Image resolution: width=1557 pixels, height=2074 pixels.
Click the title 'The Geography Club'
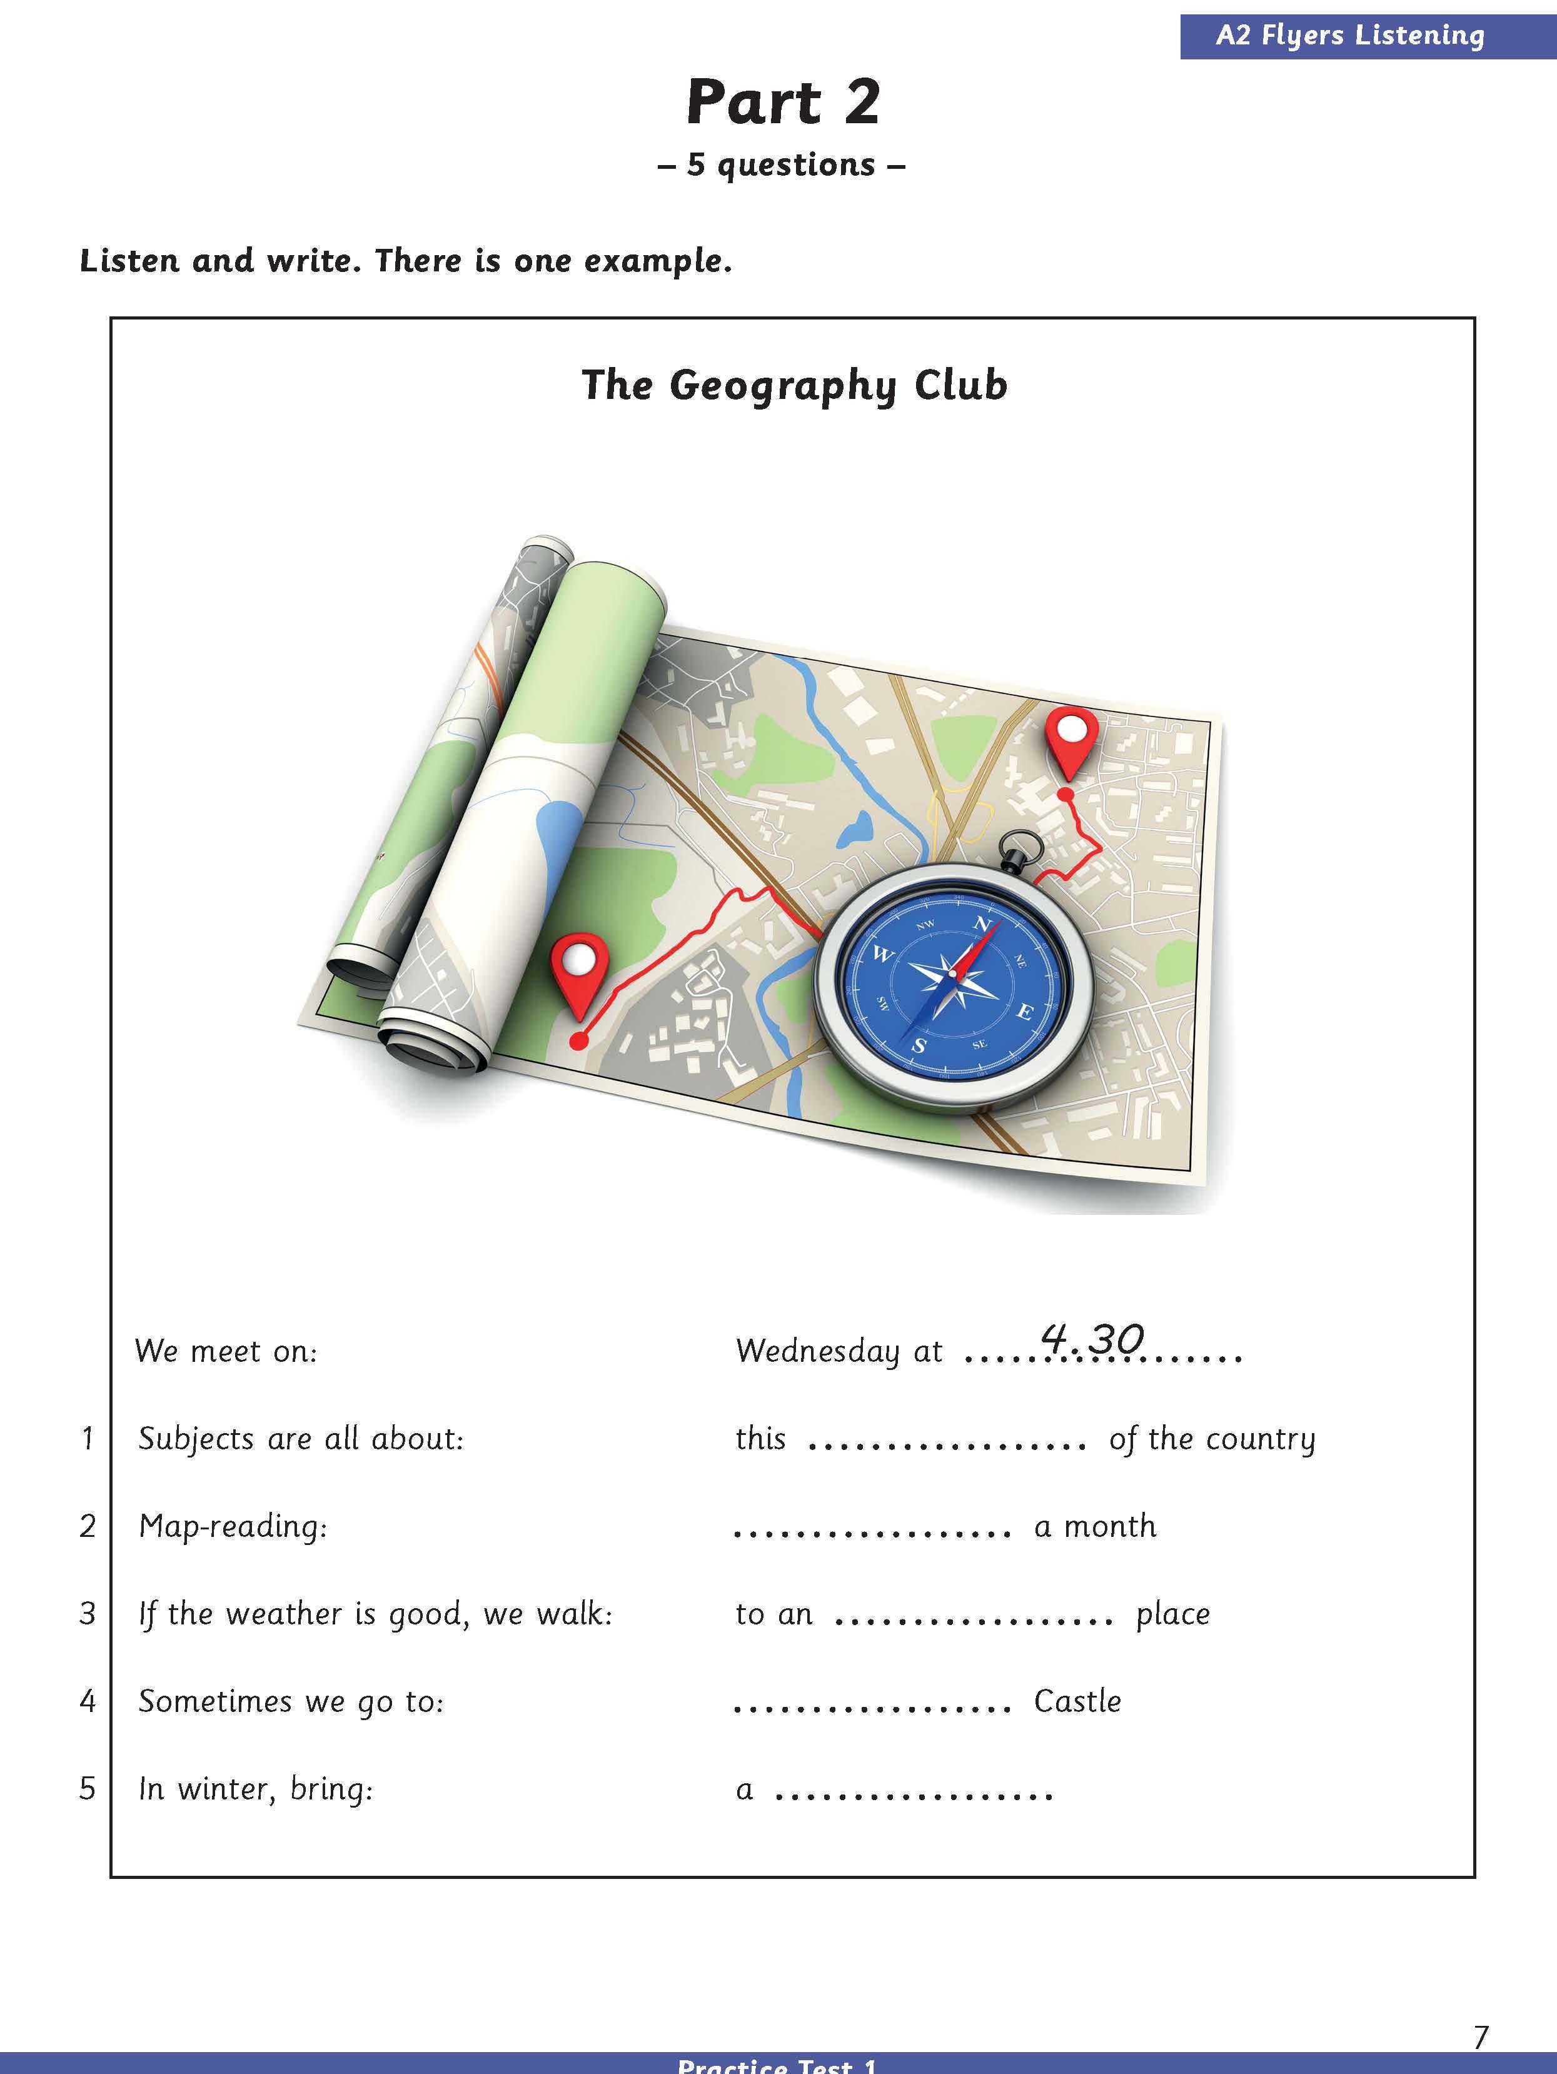(x=794, y=385)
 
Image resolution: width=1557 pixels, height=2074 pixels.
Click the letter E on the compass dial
(x=1025, y=1012)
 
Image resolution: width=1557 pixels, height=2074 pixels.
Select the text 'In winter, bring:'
(x=256, y=1789)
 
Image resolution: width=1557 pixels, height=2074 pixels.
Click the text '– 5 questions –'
(x=782, y=165)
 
